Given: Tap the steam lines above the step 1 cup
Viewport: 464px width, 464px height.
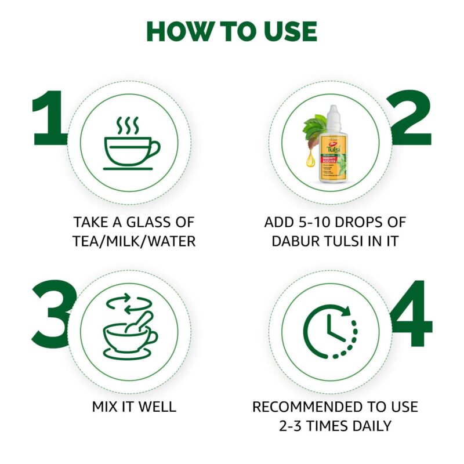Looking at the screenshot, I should (128, 125).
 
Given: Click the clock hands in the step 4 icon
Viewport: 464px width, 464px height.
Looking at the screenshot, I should (332, 332).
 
